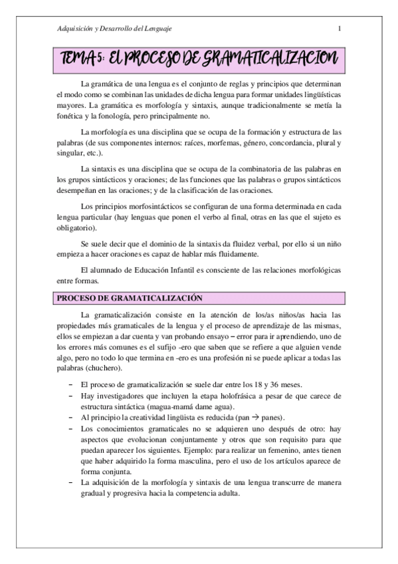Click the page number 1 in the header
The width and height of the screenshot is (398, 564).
[x=340, y=29]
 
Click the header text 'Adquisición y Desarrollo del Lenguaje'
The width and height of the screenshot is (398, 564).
[x=115, y=29]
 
